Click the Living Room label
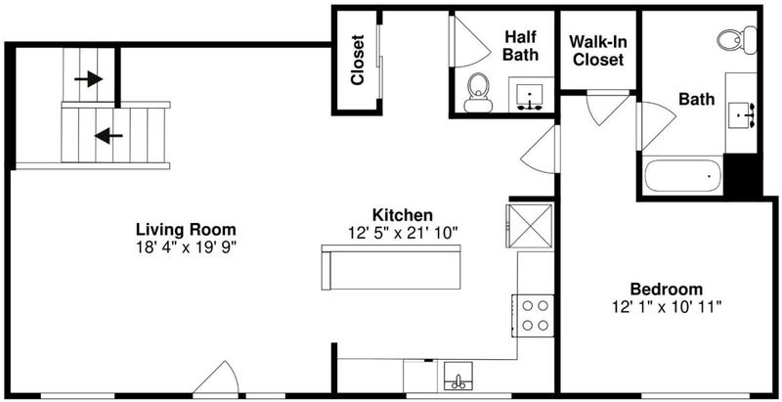point(186,230)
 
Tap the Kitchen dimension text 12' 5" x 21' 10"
point(403,233)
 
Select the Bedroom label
point(667,289)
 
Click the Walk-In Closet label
point(598,50)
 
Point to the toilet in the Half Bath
point(478,93)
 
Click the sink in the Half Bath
point(529,97)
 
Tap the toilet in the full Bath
point(737,39)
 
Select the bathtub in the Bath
point(681,175)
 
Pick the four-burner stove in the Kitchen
point(533,316)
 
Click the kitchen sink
point(458,376)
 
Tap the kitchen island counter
point(391,267)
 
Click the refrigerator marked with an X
point(530,225)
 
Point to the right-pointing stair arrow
point(88,79)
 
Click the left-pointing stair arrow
point(109,136)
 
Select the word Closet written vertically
point(358,60)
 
